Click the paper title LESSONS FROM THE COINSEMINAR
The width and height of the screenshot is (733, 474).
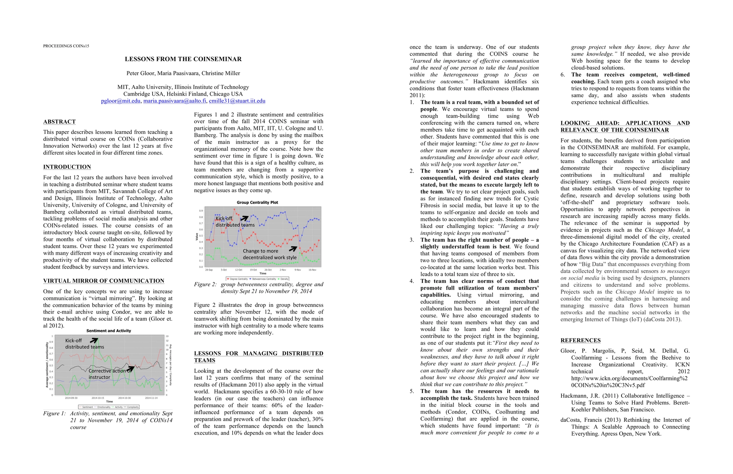pyautogui.click(x=183, y=59)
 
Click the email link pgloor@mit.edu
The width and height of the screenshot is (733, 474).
pyautogui.click(x=121, y=101)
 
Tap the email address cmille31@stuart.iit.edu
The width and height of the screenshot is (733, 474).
pyautogui.click(x=237, y=101)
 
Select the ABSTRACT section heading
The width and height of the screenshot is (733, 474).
pyautogui.click(x=59, y=122)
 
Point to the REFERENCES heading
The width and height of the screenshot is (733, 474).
pyautogui.click(x=580, y=340)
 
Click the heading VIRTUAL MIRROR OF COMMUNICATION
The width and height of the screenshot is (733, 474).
pyautogui.click(x=104, y=281)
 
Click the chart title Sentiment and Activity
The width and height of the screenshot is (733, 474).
pyautogui.click(x=109, y=331)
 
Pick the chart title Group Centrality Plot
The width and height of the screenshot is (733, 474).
pyautogui.click(x=257, y=203)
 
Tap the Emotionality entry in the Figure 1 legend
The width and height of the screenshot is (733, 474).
pyautogui.click(x=104, y=407)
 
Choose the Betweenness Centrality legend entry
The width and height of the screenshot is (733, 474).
pyautogui.click(x=264, y=279)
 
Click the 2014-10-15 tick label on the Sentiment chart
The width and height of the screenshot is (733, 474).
pyautogui.click(x=98, y=398)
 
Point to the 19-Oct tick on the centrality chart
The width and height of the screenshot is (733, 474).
pyautogui.click(x=253, y=270)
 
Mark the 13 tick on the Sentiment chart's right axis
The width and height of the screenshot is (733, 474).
pyautogui.click(x=167, y=337)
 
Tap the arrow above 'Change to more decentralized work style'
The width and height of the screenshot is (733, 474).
pyautogui.click(x=293, y=249)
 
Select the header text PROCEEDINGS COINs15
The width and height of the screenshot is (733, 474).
pyautogui.click(x=66, y=46)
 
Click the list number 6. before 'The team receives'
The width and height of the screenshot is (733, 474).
pyautogui.click(x=563, y=75)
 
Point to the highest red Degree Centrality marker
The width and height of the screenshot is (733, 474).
pyautogui.click(x=234, y=209)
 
